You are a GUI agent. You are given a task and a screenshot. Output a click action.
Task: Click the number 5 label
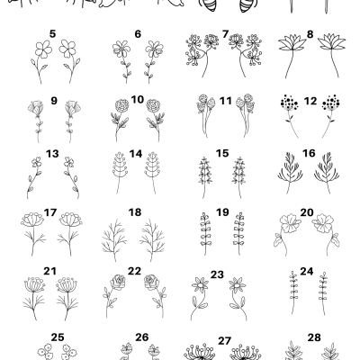point(52,34)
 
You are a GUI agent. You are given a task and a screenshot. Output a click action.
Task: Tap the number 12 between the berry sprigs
point(310,101)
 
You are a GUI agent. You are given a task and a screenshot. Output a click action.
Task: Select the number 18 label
point(135,212)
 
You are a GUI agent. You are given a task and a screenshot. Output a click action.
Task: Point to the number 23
point(217,274)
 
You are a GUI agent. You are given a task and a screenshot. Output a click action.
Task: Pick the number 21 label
point(50,270)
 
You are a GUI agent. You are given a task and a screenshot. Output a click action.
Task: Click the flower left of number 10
point(122,112)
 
